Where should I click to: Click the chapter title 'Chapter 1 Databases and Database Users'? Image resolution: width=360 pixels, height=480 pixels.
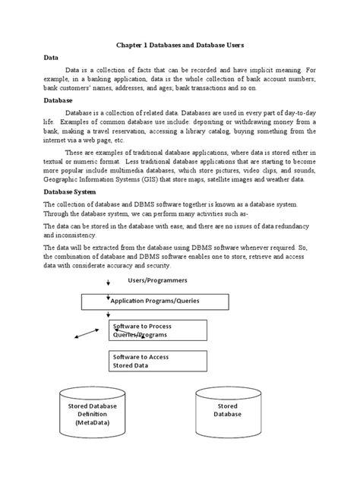pyautogui.click(x=179, y=45)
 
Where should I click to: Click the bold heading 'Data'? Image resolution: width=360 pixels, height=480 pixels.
pyautogui.click(x=51, y=58)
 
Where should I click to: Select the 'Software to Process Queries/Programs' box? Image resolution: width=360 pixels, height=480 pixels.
pyautogui.click(x=157, y=330)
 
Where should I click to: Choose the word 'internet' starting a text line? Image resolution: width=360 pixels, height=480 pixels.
pyautogui.click(x=57, y=141)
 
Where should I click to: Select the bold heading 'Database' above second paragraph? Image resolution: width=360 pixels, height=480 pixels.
pyautogui.click(x=58, y=100)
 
